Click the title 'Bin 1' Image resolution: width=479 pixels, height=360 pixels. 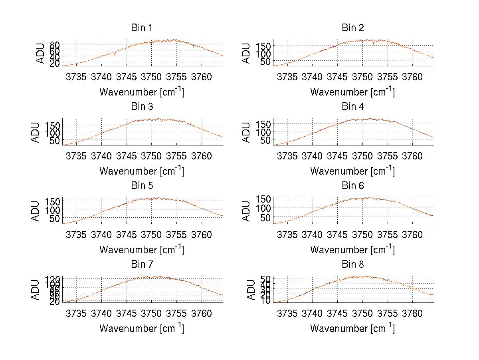[x=141, y=28]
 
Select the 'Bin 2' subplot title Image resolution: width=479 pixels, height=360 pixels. [x=352, y=28]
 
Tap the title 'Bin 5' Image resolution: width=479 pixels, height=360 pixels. [x=141, y=186]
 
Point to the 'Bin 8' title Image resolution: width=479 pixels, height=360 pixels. [x=352, y=265]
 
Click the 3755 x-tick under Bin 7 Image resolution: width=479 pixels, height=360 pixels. [x=176, y=313]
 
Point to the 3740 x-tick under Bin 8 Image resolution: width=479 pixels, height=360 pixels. [x=312, y=313]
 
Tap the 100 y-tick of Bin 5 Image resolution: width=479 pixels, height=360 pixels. [x=52, y=209]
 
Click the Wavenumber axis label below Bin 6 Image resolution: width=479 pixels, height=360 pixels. [x=352, y=250]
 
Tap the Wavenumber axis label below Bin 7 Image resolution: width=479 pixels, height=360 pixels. [x=142, y=328]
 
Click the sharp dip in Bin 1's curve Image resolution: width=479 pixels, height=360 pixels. [x=115, y=54]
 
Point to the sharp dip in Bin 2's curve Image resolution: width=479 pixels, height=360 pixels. [x=374, y=44]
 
